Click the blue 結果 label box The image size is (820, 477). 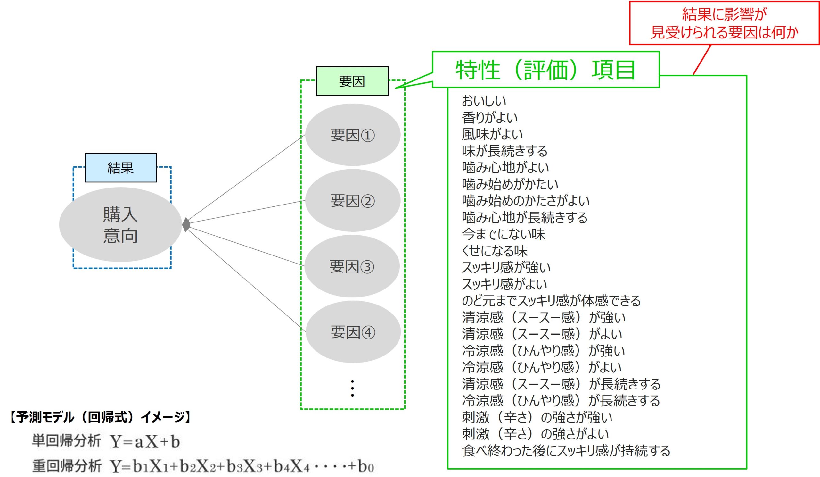click(x=120, y=168)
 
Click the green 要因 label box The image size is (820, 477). click(x=352, y=81)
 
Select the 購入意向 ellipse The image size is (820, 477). click(x=120, y=225)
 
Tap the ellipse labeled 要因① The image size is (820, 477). click(x=353, y=135)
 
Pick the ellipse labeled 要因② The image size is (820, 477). click(x=353, y=201)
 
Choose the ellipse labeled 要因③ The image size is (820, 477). click(x=352, y=266)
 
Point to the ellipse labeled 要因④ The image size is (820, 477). click(x=353, y=332)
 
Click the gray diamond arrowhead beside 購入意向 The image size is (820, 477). click(x=186, y=225)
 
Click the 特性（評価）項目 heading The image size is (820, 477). click(x=545, y=70)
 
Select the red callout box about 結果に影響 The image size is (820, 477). click(x=724, y=23)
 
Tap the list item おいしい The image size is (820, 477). click(x=484, y=101)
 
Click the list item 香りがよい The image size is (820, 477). click(x=490, y=118)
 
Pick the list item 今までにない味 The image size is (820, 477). click(x=504, y=234)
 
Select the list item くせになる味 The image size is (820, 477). click(x=495, y=251)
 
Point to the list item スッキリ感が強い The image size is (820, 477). click(x=506, y=267)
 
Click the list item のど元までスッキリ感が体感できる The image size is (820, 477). click(x=551, y=300)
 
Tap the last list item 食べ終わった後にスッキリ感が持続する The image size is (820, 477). click(x=566, y=451)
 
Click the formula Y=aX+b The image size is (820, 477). click(x=145, y=442)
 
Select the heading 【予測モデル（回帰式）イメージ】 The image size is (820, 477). click(x=100, y=417)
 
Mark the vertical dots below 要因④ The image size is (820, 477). click(x=352, y=388)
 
